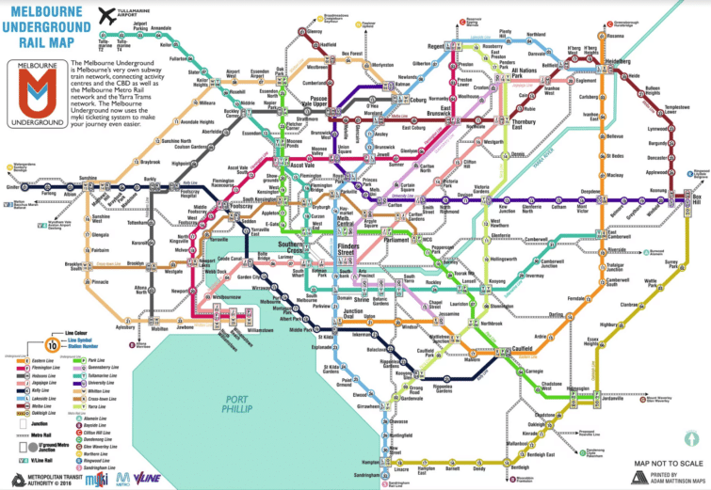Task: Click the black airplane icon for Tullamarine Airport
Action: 105,16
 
